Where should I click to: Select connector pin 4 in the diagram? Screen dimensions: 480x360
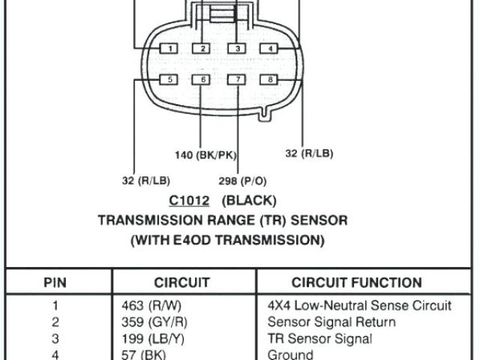click(x=268, y=49)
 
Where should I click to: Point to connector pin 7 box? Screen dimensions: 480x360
click(x=237, y=79)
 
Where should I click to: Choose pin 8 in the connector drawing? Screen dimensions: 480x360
click(x=268, y=79)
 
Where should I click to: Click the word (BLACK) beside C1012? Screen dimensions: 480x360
click(x=249, y=201)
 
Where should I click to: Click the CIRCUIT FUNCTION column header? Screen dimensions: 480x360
click(x=356, y=283)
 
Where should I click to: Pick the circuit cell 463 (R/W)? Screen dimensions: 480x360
click(x=151, y=306)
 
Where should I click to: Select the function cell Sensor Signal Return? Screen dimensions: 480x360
click(x=331, y=322)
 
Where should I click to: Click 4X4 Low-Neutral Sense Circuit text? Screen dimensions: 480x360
click(x=359, y=306)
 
